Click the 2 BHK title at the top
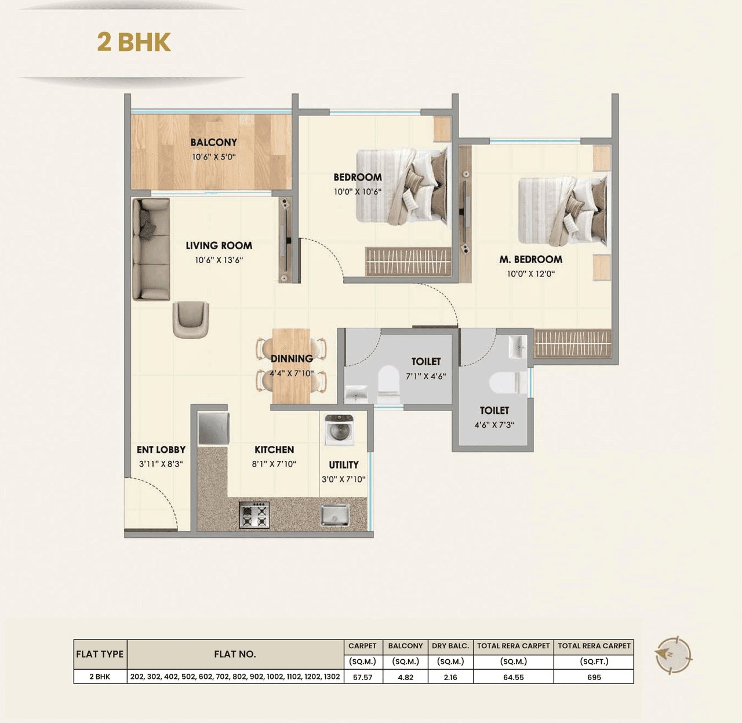(x=134, y=42)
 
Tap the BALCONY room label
(x=213, y=142)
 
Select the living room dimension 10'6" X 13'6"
(x=219, y=260)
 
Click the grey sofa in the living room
(x=151, y=249)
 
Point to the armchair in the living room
(x=191, y=319)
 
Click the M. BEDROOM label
(x=530, y=259)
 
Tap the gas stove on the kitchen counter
(x=254, y=515)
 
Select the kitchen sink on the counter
(x=335, y=514)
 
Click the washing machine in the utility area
(x=339, y=430)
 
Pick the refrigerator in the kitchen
(x=213, y=428)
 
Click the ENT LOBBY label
(x=161, y=449)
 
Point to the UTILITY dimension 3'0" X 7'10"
(x=343, y=479)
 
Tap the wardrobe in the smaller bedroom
(x=408, y=261)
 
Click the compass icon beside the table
(x=672, y=655)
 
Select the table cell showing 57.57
(x=362, y=677)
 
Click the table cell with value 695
(x=594, y=677)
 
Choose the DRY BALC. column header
(x=450, y=646)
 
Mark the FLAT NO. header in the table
(x=235, y=654)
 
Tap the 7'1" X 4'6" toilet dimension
(x=425, y=376)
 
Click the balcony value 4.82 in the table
(x=405, y=677)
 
